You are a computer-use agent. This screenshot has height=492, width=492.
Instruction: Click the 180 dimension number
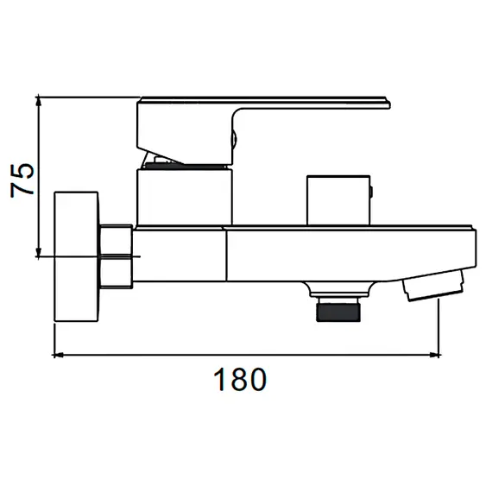pos(240,379)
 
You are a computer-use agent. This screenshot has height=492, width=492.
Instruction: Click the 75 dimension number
pos(22,180)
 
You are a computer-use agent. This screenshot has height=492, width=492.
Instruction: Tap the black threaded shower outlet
pos(338,310)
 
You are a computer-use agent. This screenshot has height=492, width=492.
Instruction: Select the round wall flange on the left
pos(77,256)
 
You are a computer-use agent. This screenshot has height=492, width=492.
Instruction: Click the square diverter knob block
pos(338,200)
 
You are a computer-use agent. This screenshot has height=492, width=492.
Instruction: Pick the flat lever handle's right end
pos(389,104)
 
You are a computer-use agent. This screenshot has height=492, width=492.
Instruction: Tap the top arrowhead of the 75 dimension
pos(38,101)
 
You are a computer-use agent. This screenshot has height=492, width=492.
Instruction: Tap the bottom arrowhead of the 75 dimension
pos(38,252)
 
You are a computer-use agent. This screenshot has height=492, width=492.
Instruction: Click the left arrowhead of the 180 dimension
pos(59,355)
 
